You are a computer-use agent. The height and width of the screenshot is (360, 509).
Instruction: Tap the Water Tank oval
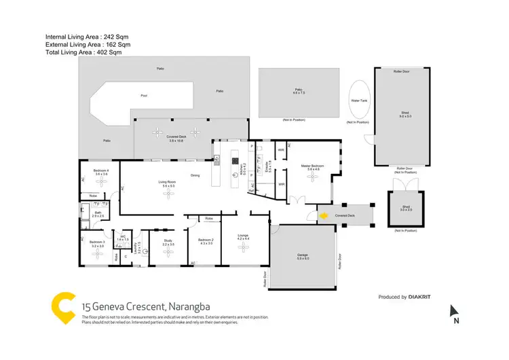(358, 101)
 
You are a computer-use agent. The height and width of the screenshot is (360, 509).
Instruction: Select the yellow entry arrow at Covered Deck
(324, 216)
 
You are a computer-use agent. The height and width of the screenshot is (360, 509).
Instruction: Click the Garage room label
(302, 257)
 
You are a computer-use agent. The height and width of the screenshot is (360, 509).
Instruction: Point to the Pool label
(143, 96)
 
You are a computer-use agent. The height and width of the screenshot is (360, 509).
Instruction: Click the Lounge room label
(243, 238)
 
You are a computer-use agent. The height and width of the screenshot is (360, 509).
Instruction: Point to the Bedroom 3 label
(97, 242)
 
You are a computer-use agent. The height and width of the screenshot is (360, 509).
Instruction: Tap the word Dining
(195, 176)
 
